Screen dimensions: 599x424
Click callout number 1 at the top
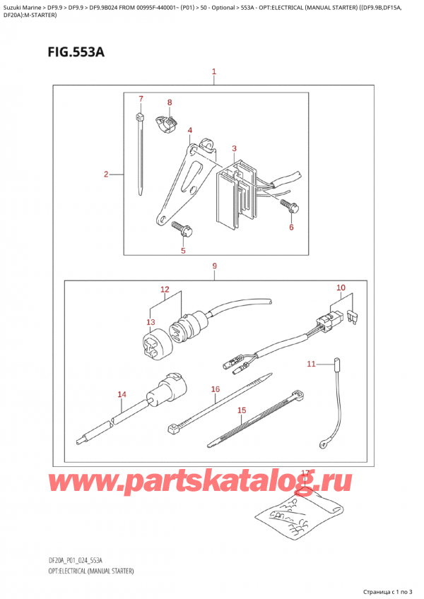213,72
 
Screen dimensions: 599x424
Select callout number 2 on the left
105,174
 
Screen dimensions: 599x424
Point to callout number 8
170,103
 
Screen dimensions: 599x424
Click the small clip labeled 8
166,125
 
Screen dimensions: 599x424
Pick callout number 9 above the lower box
213,266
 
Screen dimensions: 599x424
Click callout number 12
165,290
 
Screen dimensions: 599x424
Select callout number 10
341,287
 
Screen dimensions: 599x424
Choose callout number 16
216,389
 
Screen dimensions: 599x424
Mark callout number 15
242,410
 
